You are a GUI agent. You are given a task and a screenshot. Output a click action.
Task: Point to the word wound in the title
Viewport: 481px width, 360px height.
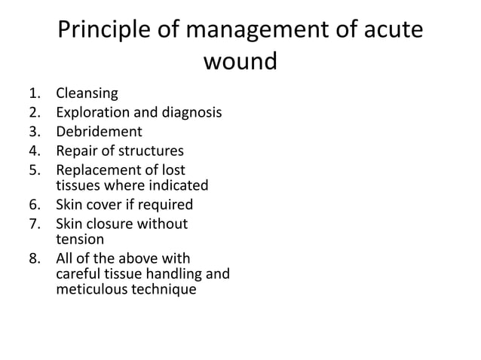click(x=240, y=60)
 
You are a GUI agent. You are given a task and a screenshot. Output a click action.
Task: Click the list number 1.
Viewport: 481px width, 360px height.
click(x=33, y=94)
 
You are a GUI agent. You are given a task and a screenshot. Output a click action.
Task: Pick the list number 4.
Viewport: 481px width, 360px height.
click(x=33, y=150)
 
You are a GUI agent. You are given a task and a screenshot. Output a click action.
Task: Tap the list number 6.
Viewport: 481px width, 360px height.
click(x=33, y=205)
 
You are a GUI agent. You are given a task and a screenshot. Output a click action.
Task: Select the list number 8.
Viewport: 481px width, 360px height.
click(x=33, y=260)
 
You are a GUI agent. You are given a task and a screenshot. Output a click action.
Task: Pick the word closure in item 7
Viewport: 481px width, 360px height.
click(x=110, y=224)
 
